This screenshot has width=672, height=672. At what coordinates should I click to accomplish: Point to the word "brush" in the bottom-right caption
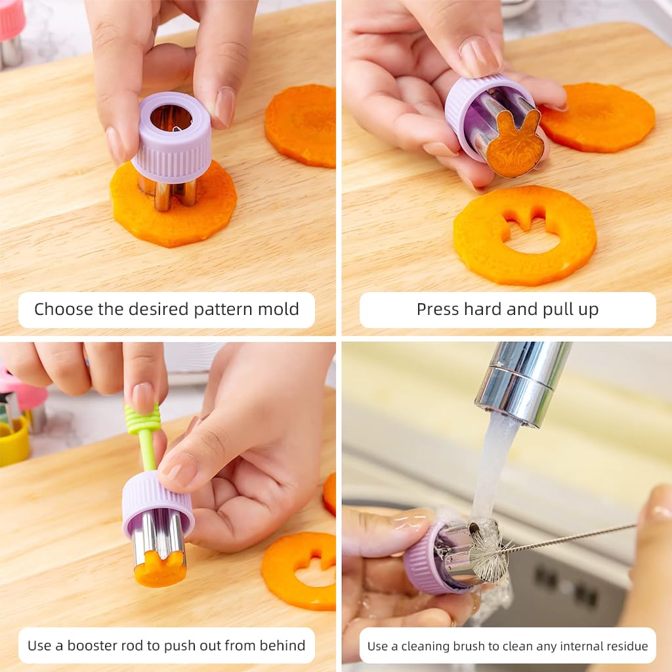484,646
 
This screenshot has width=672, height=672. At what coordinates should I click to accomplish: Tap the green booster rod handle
144,420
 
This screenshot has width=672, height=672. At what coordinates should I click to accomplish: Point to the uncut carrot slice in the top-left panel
300,124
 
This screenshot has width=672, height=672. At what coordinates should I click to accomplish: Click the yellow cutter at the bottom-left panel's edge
14,441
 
